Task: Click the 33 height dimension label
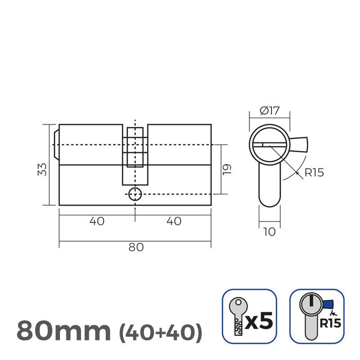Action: click(43, 169)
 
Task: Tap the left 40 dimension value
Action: click(97, 221)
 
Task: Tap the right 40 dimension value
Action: click(174, 221)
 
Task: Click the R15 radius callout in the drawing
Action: click(314, 172)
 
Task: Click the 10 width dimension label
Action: click(269, 232)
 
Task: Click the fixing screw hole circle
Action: click(135, 194)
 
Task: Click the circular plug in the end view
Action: click(269, 145)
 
